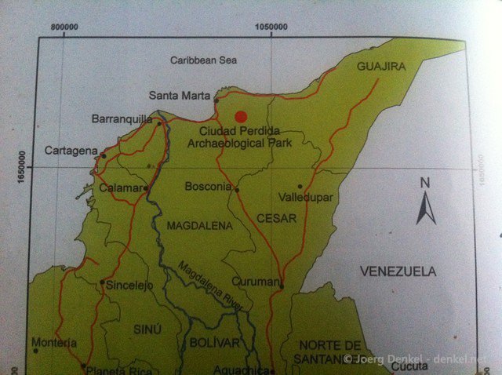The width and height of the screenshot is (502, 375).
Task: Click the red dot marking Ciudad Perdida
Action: pyautogui.click(x=241, y=115)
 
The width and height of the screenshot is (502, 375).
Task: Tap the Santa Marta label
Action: pyautogui.click(x=180, y=96)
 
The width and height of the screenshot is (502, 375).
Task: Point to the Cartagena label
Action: pyautogui.click(x=71, y=150)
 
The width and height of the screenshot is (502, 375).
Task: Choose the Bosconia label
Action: pyautogui.click(x=207, y=187)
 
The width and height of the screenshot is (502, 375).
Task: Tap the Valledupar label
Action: pyautogui.click(x=307, y=198)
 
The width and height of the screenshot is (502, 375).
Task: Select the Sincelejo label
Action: pyautogui.click(x=129, y=285)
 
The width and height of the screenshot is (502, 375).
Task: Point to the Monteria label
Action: pyautogui.click(x=54, y=343)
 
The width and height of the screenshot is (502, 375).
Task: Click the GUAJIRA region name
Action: pyautogui.click(x=381, y=67)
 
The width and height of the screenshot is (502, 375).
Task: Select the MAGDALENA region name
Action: pyautogui.click(x=200, y=225)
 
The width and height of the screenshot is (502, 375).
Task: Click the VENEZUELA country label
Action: pyautogui.click(x=397, y=271)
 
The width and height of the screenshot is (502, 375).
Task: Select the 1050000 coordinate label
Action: pyautogui.click(x=271, y=27)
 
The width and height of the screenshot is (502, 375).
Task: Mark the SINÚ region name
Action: pyautogui.click(x=147, y=329)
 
